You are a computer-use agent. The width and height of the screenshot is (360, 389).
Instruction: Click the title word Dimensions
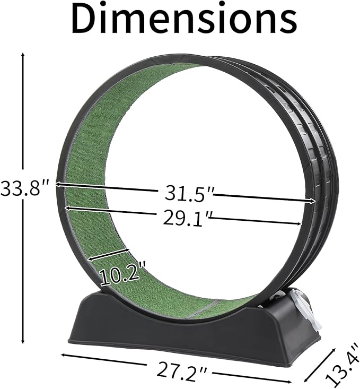(x=184, y=19)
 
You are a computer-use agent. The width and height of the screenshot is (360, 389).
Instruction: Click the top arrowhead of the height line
(x=23, y=55)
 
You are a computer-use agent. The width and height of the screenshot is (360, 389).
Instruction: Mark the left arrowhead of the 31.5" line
(x=58, y=184)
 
